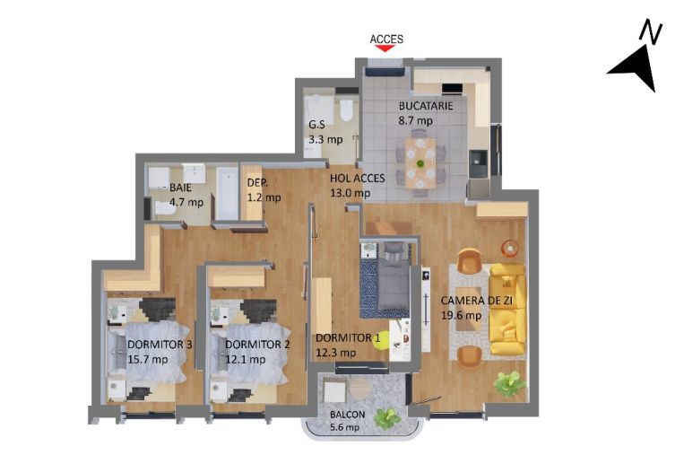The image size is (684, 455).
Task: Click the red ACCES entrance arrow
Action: [x=385, y=49]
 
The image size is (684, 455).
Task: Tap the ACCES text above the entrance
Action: [x=386, y=39]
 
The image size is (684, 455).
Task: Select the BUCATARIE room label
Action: [x=426, y=106]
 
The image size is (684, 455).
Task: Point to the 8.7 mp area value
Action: [x=416, y=120]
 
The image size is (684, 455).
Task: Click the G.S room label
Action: [x=316, y=126]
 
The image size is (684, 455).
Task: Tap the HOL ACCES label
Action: [x=357, y=178]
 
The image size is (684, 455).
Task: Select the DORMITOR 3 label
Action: [x=160, y=345]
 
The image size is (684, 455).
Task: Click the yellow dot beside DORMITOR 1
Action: [x=392, y=341]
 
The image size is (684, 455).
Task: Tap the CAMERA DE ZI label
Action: [x=475, y=301]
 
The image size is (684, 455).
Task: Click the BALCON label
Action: [x=347, y=415]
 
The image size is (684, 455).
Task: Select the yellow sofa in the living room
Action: [x=507, y=309]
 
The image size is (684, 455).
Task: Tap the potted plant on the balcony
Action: [x=388, y=417]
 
